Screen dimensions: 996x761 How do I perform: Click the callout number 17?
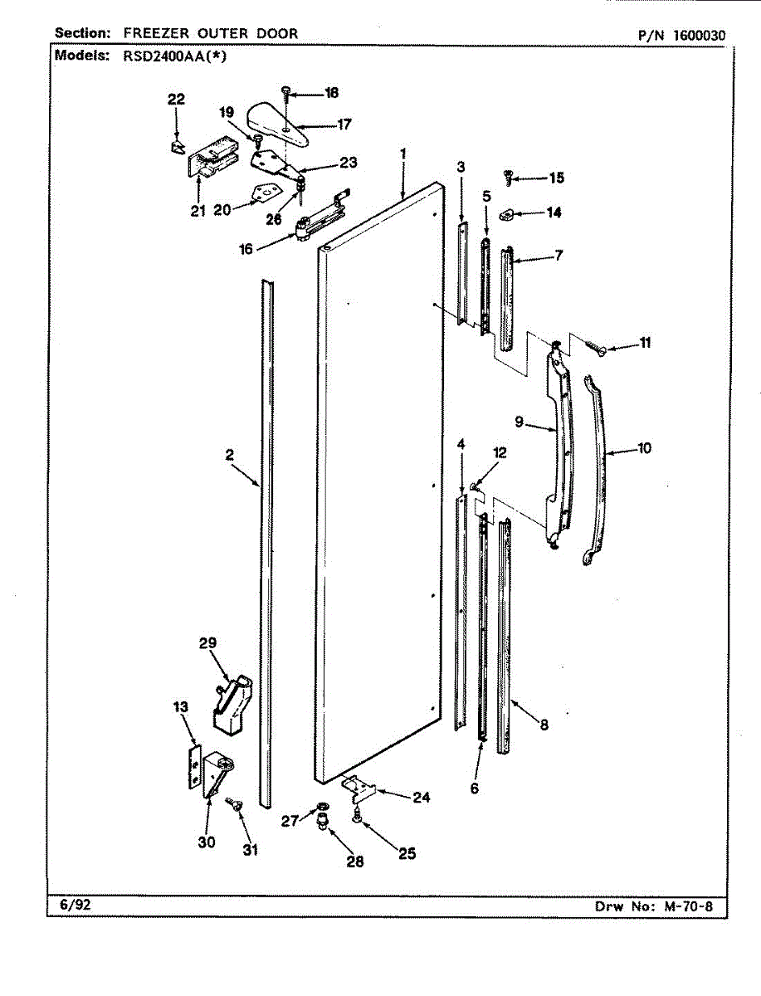(x=321, y=124)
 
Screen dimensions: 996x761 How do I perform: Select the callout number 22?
(x=176, y=100)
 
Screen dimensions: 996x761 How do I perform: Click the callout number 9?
(x=519, y=422)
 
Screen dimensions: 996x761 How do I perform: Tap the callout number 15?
(x=555, y=178)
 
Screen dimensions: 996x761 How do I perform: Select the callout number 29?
(x=207, y=642)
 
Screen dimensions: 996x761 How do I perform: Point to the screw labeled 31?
(x=233, y=803)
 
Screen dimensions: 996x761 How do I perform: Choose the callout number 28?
(x=355, y=862)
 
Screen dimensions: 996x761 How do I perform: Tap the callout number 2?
(x=228, y=455)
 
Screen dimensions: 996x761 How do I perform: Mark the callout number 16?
(x=246, y=248)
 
